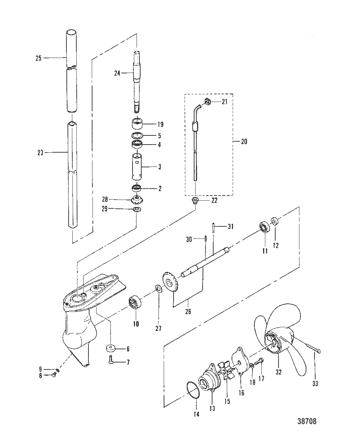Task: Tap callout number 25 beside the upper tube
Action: point(39,58)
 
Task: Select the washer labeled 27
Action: point(159,289)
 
